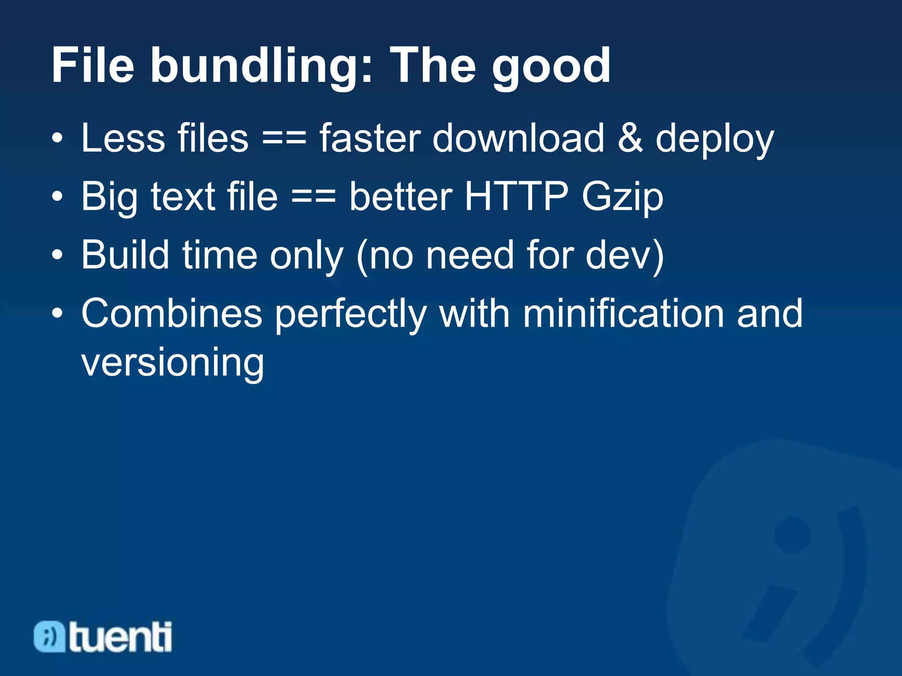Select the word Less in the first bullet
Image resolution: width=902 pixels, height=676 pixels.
pyautogui.click(x=123, y=138)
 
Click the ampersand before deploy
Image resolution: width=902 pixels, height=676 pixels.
pyautogui.click(x=630, y=138)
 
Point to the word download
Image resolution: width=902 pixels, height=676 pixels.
pyautogui.click(x=518, y=138)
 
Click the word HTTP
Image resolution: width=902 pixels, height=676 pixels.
pyautogui.click(x=516, y=196)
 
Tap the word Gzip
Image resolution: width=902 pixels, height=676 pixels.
pyautogui.click(x=622, y=198)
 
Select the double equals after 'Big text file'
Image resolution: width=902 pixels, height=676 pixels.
pyautogui.click(x=314, y=197)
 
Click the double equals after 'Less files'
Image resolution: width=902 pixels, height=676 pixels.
pyautogui.click(x=284, y=139)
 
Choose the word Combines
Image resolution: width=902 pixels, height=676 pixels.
pyautogui.click(x=172, y=313)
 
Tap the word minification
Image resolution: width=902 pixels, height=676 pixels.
pyautogui.click(x=623, y=313)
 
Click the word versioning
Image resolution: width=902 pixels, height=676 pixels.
pyautogui.click(x=173, y=363)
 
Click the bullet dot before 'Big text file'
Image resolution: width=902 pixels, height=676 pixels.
pyautogui.click(x=57, y=197)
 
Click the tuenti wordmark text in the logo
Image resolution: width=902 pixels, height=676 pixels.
pyautogui.click(x=120, y=637)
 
